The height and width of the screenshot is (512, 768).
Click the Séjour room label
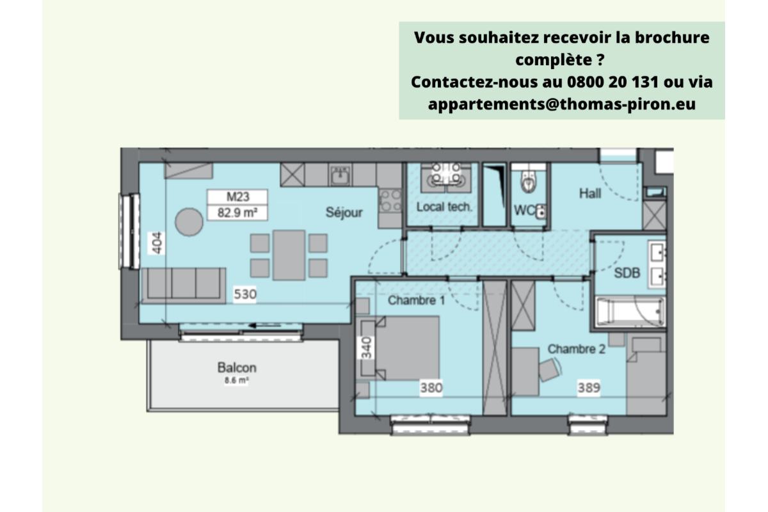344,212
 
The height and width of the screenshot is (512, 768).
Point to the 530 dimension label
244,295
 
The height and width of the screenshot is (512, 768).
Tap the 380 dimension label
431,387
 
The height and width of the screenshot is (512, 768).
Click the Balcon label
237,368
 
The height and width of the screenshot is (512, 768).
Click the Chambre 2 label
576,349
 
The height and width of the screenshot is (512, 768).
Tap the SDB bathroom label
627,272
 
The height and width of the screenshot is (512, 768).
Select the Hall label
589,193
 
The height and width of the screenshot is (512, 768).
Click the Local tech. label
444,207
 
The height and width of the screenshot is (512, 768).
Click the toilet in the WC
528,182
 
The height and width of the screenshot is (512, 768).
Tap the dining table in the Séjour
289,255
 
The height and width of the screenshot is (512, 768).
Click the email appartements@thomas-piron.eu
562,104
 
